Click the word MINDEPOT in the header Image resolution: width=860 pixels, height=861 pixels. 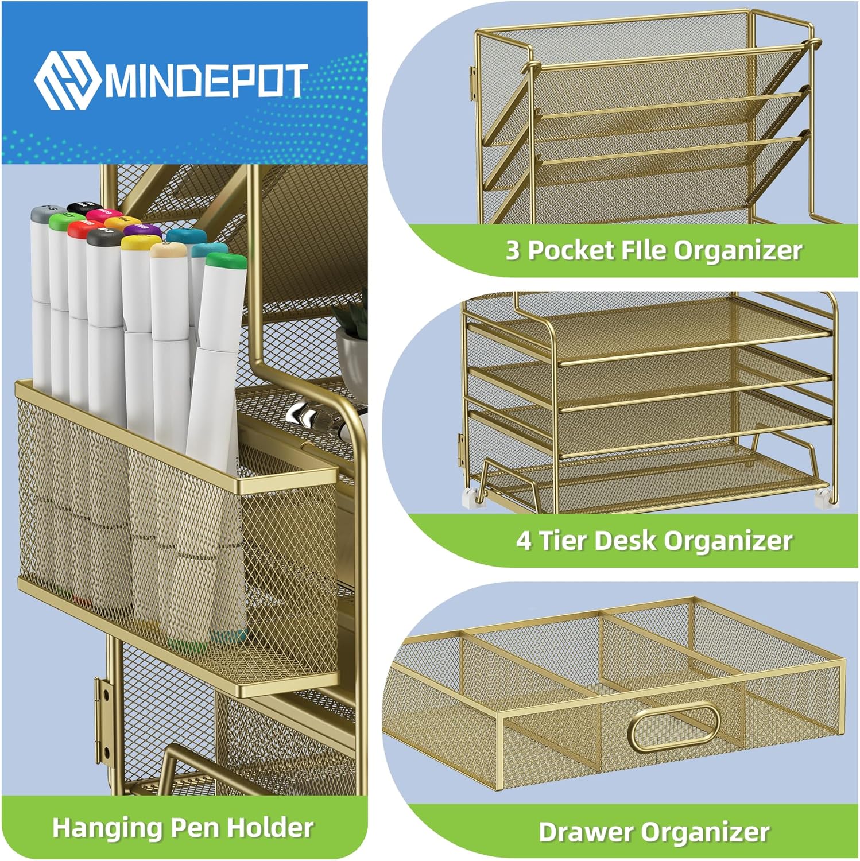[x=204, y=81]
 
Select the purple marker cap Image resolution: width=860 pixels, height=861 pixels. [x=142, y=230]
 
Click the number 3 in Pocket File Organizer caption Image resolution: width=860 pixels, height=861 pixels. [x=512, y=250]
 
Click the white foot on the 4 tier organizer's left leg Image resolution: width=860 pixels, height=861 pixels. [x=472, y=498]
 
